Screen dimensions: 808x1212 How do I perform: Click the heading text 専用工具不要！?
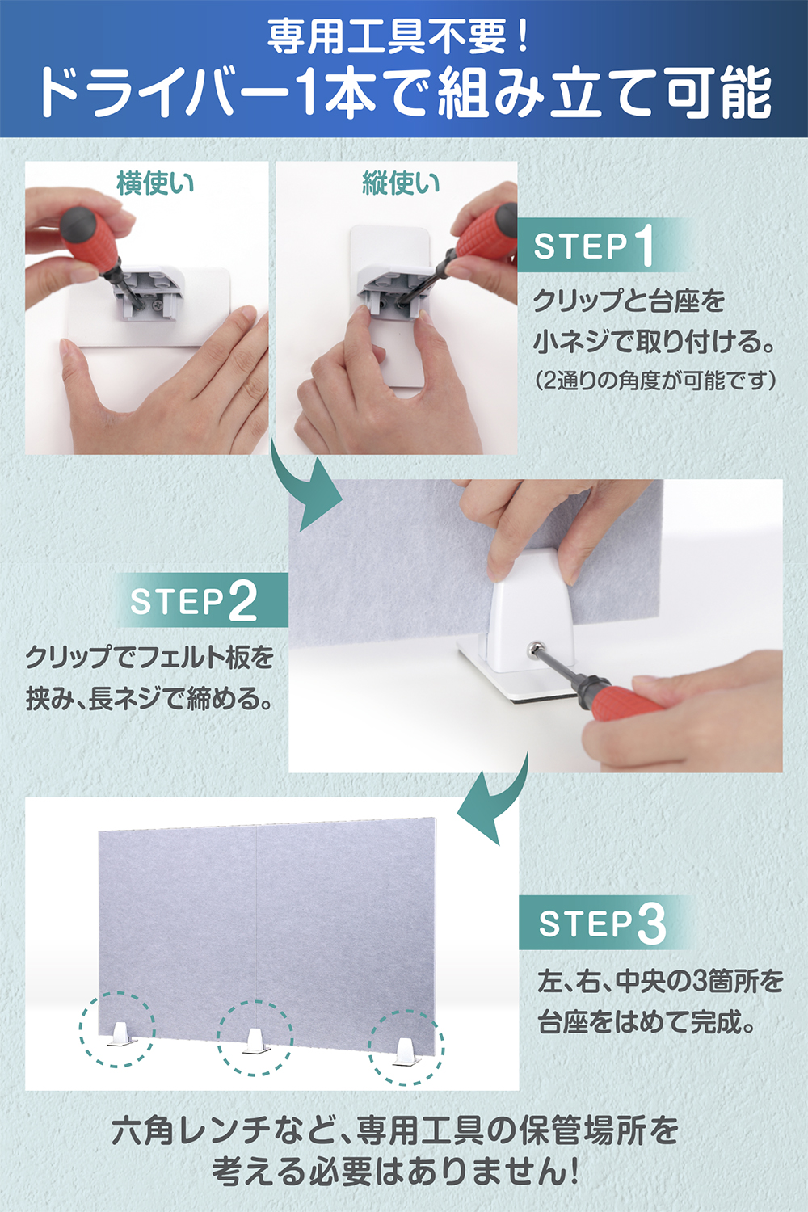398,37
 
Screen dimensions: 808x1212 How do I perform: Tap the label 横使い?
155,183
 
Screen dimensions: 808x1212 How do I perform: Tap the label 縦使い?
401,183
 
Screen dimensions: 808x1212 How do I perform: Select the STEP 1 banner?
604,245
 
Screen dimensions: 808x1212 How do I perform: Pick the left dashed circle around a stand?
117,1029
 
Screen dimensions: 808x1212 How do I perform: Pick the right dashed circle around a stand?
406,1047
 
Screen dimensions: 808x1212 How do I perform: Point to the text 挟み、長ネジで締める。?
149,699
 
